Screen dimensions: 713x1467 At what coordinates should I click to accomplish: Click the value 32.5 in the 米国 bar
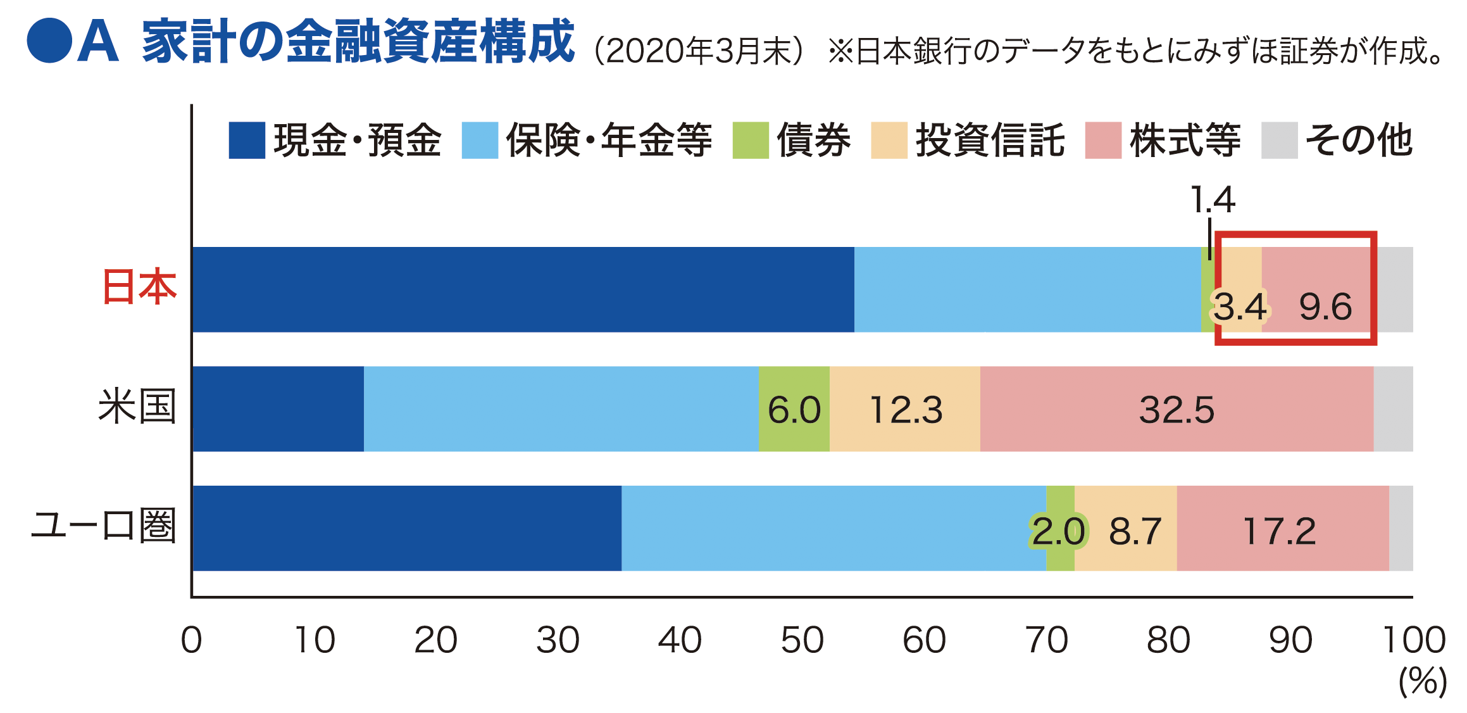1177,410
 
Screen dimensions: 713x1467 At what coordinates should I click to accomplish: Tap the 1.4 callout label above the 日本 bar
1212,200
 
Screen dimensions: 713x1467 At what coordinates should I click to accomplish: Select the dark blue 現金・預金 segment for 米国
278,409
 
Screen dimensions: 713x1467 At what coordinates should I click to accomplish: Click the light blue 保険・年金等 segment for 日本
1027,289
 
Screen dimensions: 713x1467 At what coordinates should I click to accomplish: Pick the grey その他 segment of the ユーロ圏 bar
1401,528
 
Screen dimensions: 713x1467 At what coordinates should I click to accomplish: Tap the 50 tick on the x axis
802,640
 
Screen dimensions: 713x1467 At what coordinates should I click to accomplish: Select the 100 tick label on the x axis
1414,640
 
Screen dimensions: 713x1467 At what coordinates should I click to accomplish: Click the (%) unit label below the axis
1422,681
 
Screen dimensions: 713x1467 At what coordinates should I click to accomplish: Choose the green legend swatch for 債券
750,141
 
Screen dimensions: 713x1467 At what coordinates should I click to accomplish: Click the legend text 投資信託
990,141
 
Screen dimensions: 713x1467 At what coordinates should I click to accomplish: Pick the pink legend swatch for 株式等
1103,141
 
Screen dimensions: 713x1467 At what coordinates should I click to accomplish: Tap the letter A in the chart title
98,42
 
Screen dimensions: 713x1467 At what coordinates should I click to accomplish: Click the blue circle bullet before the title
49,41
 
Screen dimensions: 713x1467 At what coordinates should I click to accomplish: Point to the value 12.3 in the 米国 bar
906,410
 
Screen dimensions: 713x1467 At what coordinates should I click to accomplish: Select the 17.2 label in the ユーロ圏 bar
1279,531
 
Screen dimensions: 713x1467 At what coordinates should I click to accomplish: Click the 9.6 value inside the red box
1325,307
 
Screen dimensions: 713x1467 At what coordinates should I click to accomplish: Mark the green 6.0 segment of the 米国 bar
794,410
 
